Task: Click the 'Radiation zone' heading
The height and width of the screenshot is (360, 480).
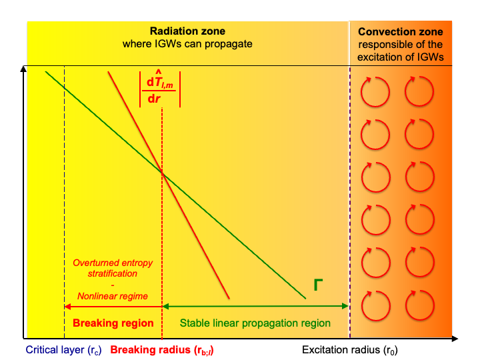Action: point(187,31)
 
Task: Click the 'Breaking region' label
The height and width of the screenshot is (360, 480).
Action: point(113,323)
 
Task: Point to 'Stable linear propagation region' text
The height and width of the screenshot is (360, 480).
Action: point(256,323)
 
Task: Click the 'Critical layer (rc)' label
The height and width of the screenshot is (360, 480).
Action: point(63,349)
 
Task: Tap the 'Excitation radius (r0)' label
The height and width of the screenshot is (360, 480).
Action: point(350,349)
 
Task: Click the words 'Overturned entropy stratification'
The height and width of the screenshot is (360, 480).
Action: point(114,267)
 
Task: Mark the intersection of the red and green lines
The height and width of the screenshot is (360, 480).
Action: point(162,171)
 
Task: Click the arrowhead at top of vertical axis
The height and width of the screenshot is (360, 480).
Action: point(23,70)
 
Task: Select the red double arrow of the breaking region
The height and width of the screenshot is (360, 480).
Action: point(113,306)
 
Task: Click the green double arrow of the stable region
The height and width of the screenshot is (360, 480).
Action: point(256,306)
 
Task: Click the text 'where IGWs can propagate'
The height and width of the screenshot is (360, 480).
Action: point(187,45)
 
